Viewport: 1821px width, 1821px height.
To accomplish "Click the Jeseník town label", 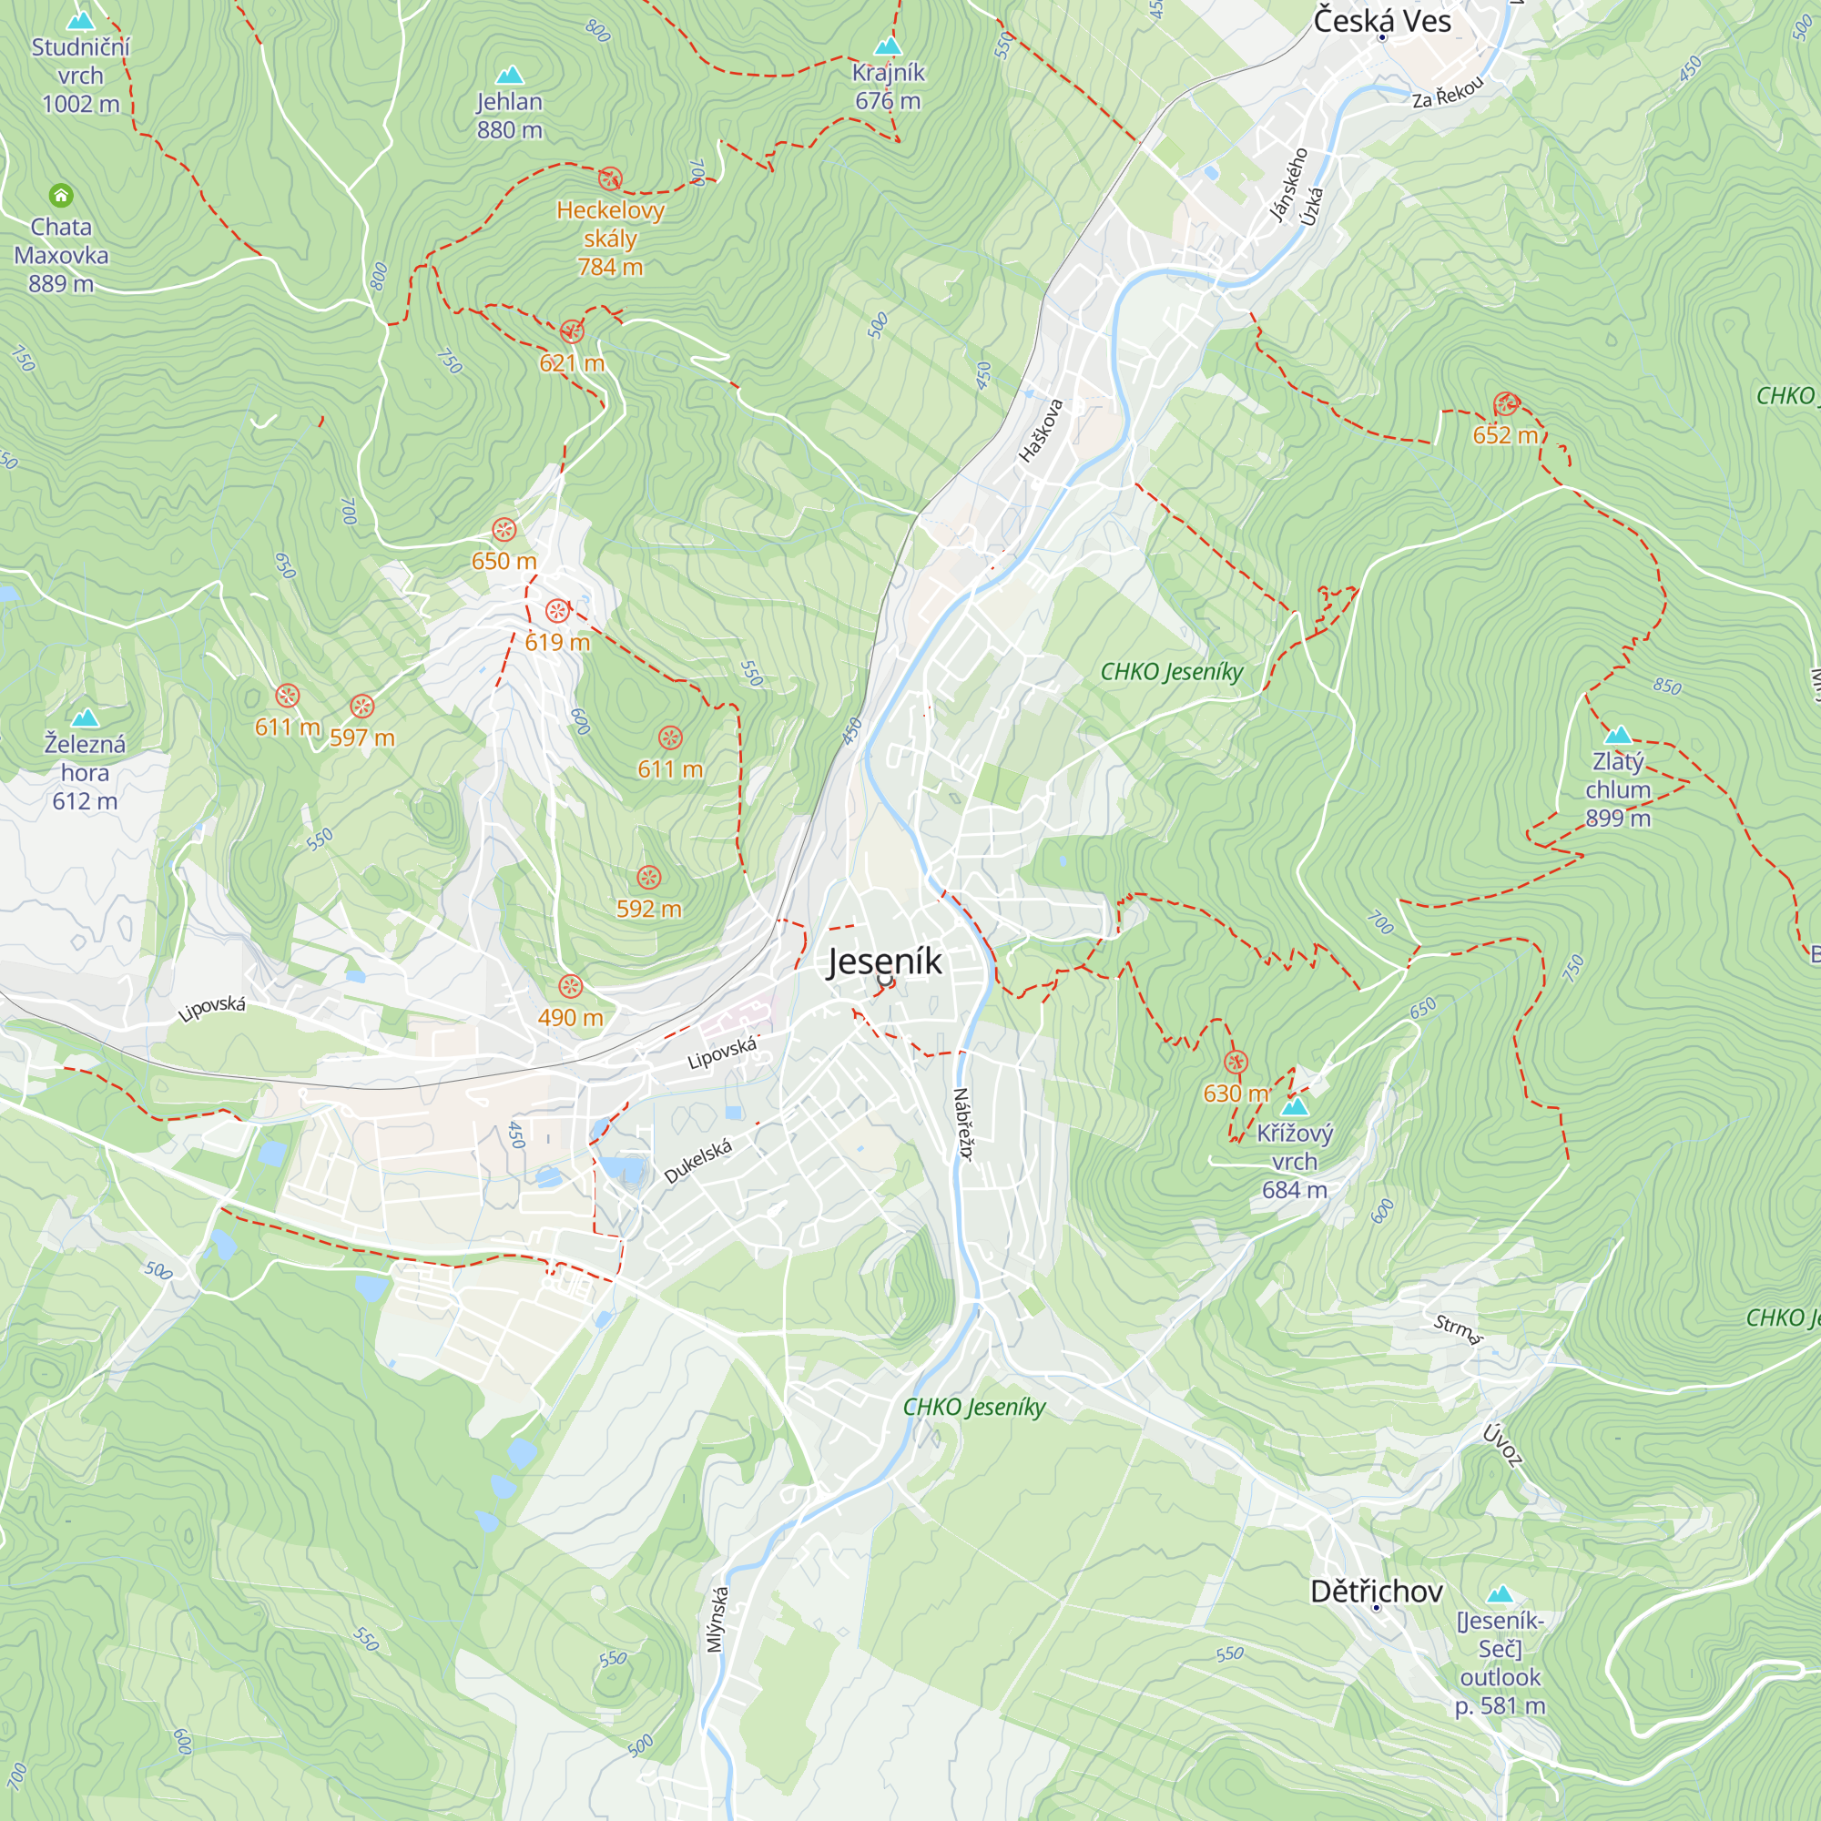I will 883,961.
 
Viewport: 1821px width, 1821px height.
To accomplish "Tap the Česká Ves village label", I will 1382,20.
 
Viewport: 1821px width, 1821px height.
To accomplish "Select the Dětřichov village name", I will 1376,1591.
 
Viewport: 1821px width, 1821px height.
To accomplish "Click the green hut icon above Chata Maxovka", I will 61,195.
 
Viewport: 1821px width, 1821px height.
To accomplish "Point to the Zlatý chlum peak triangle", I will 1617,734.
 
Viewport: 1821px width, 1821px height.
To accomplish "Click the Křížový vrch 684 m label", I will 1294,1161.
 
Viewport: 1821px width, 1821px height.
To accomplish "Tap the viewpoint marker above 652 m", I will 1506,404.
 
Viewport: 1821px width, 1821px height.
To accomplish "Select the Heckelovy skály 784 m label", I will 610,238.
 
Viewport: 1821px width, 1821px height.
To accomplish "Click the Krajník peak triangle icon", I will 888,46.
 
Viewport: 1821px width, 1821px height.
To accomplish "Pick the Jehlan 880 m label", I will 509,115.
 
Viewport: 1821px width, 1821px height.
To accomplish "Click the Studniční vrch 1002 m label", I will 80,76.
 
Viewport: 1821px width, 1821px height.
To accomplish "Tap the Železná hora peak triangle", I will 85,718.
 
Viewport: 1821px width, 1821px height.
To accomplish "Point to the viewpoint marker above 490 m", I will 570,987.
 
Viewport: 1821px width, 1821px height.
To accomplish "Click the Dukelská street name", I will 697,1160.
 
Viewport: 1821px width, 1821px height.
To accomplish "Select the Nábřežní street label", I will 962,1124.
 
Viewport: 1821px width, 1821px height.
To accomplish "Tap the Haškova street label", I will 1041,431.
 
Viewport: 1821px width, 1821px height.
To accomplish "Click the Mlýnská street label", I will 718,1619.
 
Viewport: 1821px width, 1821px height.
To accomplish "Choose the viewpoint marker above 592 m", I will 648,878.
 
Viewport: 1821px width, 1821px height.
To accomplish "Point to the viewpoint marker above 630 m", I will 1235,1063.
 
